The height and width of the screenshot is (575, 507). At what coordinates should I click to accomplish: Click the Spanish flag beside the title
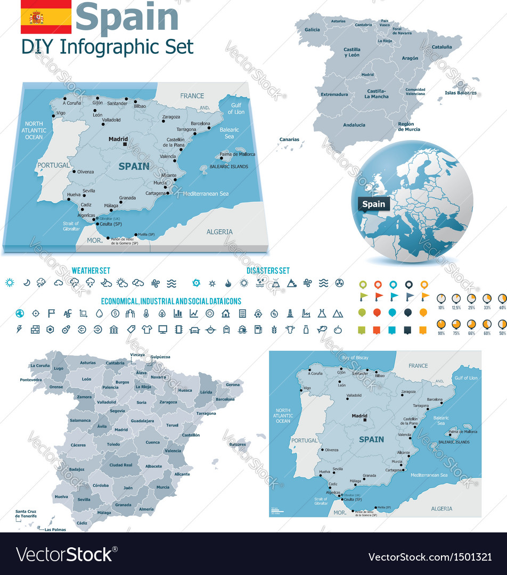click(46, 17)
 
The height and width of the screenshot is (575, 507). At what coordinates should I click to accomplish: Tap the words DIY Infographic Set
click(107, 47)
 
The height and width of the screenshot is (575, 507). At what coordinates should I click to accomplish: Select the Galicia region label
click(312, 30)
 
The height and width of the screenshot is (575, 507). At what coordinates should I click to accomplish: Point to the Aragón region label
click(410, 58)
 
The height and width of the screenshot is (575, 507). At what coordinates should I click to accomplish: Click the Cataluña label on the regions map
click(441, 47)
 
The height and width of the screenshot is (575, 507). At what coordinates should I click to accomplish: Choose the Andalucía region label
click(354, 125)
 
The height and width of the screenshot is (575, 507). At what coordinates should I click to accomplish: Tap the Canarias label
click(289, 139)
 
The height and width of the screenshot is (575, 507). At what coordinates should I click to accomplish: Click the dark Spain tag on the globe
click(373, 204)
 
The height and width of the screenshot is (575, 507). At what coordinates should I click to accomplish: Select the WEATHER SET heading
click(91, 271)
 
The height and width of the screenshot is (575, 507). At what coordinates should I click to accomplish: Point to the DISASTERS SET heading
click(268, 271)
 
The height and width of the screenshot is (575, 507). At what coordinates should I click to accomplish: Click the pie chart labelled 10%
click(441, 298)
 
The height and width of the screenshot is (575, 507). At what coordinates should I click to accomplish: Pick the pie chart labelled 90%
click(441, 324)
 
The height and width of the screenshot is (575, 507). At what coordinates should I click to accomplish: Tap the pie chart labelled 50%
click(502, 324)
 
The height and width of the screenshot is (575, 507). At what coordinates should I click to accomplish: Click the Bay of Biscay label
click(355, 358)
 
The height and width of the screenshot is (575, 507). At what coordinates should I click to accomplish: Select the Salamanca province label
click(80, 420)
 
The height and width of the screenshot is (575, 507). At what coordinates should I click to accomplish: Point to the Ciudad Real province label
click(121, 465)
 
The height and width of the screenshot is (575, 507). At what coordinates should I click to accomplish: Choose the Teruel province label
click(172, 425)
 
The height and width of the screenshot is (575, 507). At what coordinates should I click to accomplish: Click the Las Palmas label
click(55, 530)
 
